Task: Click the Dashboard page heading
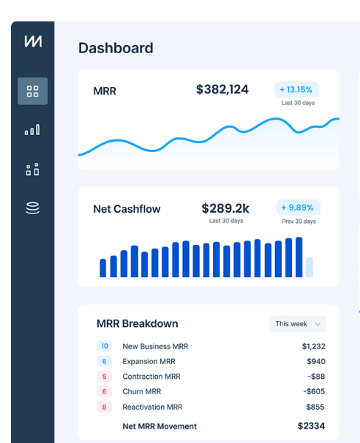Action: click(x=116, y=48)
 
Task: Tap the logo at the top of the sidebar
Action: click(x=32, y=41)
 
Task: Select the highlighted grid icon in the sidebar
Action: click(x=32, y=92)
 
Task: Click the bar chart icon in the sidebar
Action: click(x=32, y=130)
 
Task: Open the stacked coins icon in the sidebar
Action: click(x=32, y=208)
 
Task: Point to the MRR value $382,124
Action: click(x=222, y=89)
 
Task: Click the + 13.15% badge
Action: click(x=297, y=89)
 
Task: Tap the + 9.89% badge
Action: click(x=297, y=207)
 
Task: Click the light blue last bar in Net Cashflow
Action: click(x=309, y=267)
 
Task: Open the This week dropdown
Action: click(x=297, y=323)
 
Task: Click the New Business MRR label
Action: click(x=155, y=346)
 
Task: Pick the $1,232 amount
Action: click(x=313, y=346)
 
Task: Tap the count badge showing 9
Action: click(x=104, y=377)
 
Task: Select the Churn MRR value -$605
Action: click(x=314, y=391)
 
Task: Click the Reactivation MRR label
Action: click(x=152, y=407)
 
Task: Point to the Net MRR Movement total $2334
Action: click(x=311, y=426)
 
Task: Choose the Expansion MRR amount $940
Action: click(x=316, y=362)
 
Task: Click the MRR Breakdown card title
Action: click(x=137, y=323)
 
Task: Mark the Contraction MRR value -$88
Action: click(x=316, y=377)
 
